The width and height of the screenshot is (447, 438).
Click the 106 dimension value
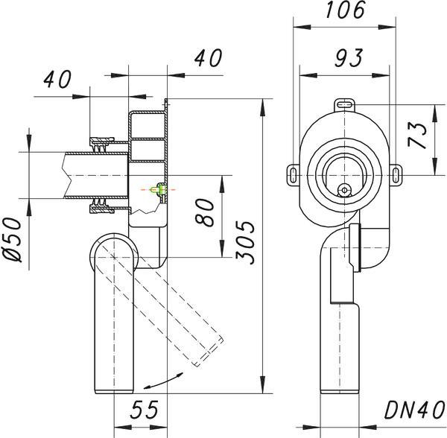click(345, 10)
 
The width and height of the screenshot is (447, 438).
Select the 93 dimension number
click(349, 58)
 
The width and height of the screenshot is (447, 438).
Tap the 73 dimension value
click(418, 135)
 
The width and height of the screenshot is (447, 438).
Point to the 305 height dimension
click(245, 243)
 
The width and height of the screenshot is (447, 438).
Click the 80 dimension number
click(204, 212)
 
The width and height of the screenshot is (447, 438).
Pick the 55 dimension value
click(145, 410)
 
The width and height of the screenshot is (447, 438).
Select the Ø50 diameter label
click(13, 240)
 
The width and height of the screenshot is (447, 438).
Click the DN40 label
click(414, 410)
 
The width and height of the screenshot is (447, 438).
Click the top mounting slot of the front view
click(345, 104)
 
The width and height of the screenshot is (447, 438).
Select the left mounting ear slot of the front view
click(293, 175)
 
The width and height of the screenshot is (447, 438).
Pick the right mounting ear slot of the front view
click(396, 175)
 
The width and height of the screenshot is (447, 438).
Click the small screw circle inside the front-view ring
click(345, 190)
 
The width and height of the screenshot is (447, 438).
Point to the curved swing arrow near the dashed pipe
click(162, 381)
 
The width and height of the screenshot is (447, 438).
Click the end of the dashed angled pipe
click(209, 351)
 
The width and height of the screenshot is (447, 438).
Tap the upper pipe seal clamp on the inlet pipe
click(102, 145)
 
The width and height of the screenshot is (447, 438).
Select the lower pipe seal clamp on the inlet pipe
click(102, 206)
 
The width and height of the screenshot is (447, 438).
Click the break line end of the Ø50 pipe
click(66, 175)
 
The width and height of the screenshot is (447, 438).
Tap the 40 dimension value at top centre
click(208, 58)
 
